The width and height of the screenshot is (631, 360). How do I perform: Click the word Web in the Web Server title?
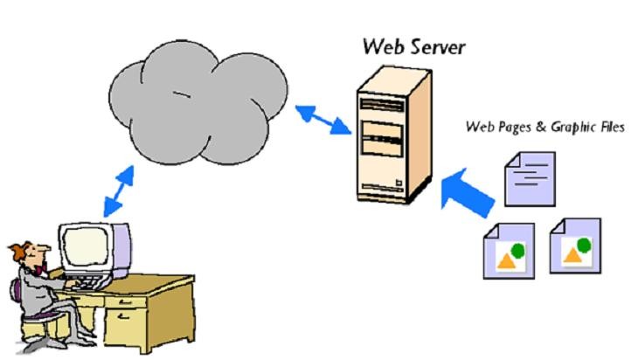click(383, 45)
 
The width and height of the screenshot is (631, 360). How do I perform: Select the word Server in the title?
click(434, 45)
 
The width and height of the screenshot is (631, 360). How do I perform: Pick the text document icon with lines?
click(531, 178)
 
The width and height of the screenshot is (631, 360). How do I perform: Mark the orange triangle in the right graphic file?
click(572, 254)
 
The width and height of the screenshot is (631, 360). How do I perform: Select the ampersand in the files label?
click(541, 128)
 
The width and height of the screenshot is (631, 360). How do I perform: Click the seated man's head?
click(31, 253)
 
